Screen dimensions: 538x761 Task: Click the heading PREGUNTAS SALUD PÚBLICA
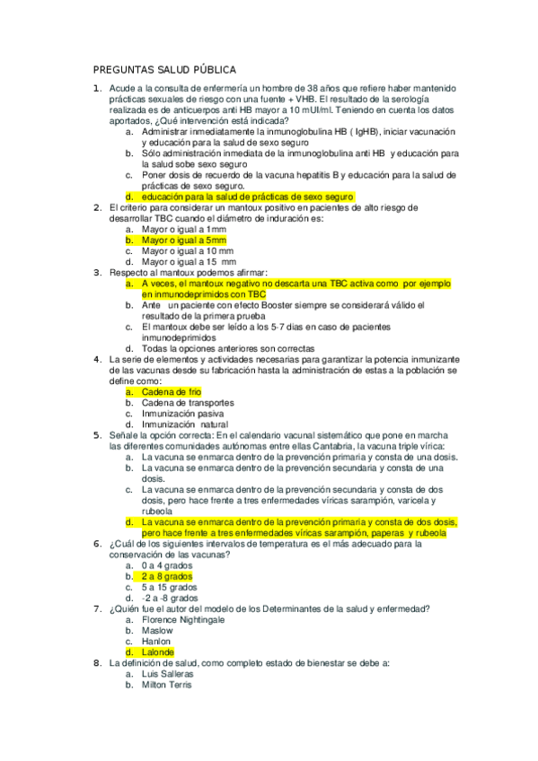pyautogui.click(x=165, y=69)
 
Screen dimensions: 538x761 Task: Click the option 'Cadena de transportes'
pyautogui.click(x=187, y=403)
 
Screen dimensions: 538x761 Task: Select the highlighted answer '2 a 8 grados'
pyautogui.click(x=167, y=576)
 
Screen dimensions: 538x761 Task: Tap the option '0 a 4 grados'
pyautogui.click(x=167, y=565)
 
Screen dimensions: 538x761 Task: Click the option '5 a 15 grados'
pyautogui.click(x=169, y=587)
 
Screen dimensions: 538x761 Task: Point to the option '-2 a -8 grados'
pyautogui.click(x=170, y=598)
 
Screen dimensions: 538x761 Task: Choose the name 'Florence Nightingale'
pyautogui.click(x=183, y=619)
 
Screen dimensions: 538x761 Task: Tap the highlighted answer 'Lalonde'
pyautogui.click(x=158, y=652)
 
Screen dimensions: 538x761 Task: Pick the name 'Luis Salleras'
pyautogui.click(x=167, y=674)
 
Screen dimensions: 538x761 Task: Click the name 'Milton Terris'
pyautogui.click(x=166, y=685)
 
